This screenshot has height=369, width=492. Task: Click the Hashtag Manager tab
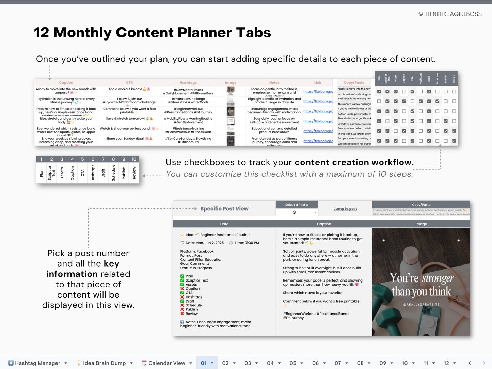[x=37, y=363]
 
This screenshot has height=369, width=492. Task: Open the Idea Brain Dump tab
[x=104, y=363]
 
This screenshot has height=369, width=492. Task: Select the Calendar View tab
[x=166, y=363]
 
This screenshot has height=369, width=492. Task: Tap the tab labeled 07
[x=338, y=363]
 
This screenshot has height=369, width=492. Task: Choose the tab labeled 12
[x=446, y=363]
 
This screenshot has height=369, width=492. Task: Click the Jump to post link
[x=345, y=209]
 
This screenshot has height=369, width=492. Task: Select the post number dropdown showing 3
[x=297, y=212]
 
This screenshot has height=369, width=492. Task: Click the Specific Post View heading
[x=224, y=209]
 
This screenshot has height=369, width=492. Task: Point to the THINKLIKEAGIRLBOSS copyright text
[x=450, y=14]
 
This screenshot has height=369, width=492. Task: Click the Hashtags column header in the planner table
[x=188, y=82]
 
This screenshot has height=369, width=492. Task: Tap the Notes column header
[x=274, y=82]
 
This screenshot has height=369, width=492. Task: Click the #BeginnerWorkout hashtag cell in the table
[x=188, y=110]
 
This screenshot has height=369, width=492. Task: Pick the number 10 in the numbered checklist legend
[x=134, y=159]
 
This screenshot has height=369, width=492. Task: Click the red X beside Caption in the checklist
[x=182, y=289]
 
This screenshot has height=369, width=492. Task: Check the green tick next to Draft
[x=182, y=301]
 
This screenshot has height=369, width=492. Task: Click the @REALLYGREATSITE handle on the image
[x=421, y=305]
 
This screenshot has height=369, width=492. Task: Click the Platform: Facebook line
[x=197, y=251]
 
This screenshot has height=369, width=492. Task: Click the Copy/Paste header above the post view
[x=421, y=205]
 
